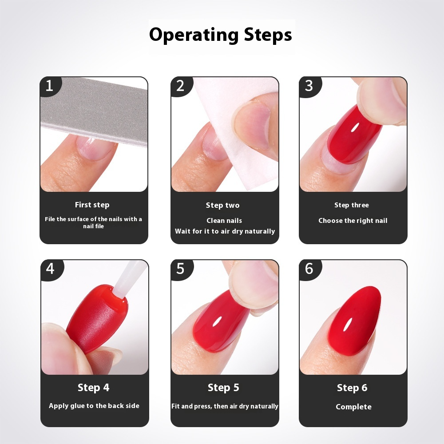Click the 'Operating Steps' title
(221, 35)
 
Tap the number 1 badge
(49, 86)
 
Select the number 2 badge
(180, 86)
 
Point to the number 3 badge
(309, 86)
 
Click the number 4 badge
(50, 269)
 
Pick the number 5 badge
(180, 269)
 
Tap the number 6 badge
(309, 269)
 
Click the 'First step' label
(92, 205)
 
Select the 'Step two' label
(222, 205)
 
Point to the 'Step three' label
(351, 205)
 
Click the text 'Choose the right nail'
(353, 221)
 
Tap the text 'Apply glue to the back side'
(94, 406)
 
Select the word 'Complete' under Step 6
(353, 407)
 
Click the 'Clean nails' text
(224, 221)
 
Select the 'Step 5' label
(223, 388)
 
